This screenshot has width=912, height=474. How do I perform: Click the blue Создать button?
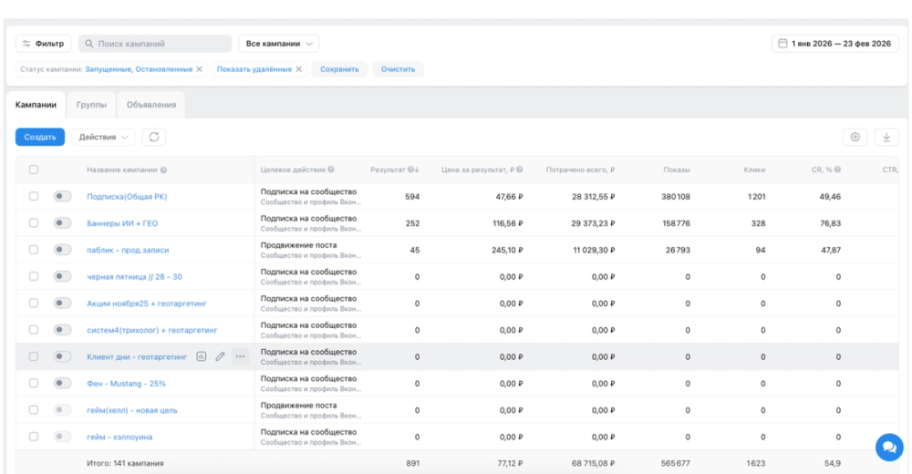click(x=39, y=138)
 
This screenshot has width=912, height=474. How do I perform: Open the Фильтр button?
click(x=43, y=44)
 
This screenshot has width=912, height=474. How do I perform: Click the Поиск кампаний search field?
click(x=155, y=44)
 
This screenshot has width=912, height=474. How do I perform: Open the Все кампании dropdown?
click(x=278, y=44)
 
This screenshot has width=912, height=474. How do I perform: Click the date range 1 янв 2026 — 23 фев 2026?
click(x=835, y=44)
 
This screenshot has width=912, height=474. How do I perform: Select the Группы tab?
click(x=91, y=105)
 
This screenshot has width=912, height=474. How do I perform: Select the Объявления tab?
click(x=151, y=105)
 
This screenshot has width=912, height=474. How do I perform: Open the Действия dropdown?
click(x=103, y=138)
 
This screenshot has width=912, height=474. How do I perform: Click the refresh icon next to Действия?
click(x=154, y=138)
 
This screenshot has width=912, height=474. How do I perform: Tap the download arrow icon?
click(x=886, y=138)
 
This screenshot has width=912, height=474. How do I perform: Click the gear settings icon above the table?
click(x=855, y=138)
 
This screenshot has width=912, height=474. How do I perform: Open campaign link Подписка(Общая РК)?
click(x=127, y=197)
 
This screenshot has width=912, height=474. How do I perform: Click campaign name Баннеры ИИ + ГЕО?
click(x=122, y=223)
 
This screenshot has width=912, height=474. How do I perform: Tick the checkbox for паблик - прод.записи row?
click(x=34, y=250)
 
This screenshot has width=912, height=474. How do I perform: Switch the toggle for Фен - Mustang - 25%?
click(x=62, y=383)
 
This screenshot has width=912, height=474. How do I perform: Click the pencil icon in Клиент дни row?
click(x=220, y=356)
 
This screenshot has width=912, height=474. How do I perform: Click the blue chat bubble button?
click(x=889, y=447)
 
